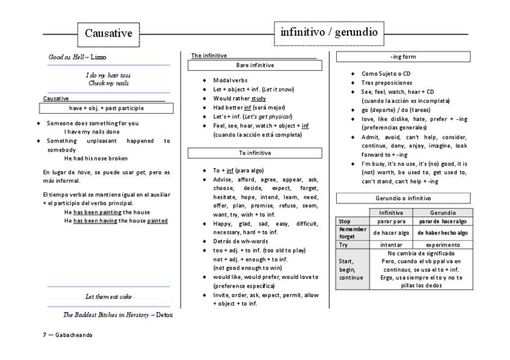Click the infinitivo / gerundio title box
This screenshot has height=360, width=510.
pos(328,32)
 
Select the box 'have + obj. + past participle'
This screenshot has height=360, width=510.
pos(106,108)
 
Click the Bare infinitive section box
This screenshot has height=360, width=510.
pos(254,64)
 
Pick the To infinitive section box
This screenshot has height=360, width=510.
pos(254,154)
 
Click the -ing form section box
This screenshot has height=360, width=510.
pos(404,57)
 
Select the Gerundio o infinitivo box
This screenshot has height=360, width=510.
pos(404,198)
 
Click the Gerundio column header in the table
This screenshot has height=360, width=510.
pos(443,213)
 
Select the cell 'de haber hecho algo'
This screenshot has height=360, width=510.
pos(443,233)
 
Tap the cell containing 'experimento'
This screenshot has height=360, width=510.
pos(443,245)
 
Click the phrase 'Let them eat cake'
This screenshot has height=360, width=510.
pos(108,297)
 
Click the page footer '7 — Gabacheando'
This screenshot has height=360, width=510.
pos(67,335)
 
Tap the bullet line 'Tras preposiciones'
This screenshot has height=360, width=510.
pos(387,82)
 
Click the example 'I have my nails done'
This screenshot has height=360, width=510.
pos(92,132)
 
